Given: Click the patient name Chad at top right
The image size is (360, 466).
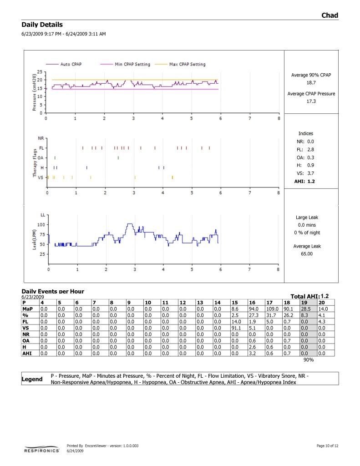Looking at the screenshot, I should point(330,15).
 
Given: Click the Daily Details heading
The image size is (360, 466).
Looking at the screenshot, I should point(42,25).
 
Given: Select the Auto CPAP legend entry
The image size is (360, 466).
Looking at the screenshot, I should point(71,64).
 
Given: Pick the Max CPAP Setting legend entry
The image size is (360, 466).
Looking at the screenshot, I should point(187,64).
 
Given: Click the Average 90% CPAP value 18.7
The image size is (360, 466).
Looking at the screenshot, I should point(311,83).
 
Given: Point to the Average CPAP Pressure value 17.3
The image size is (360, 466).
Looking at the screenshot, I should point(311,101).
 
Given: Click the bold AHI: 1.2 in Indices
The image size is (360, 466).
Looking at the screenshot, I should point(304,181).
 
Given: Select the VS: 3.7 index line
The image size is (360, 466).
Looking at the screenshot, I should point(305,173).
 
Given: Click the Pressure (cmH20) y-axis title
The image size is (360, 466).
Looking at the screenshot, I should point(34,92).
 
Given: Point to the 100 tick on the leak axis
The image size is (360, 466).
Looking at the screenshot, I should point(41,225).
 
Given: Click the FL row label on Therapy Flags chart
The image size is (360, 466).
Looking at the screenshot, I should point(41,148).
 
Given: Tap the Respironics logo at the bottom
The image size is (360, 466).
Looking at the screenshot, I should point(41,450).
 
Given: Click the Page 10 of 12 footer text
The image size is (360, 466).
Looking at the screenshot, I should point(327,446).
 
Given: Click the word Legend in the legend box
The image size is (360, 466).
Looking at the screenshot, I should point(32,379).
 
